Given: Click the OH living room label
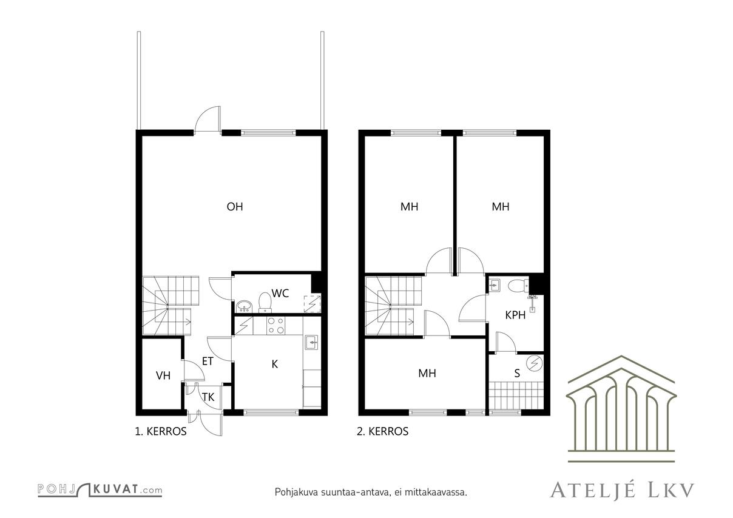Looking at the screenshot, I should pos(235,207).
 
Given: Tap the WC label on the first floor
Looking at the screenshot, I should pos(280,294).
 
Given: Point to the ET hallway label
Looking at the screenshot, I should pos(208,362).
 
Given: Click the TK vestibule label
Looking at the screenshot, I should pos(208,397).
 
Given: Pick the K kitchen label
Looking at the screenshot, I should pos(275,365).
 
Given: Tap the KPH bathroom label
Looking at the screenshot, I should pos(515,315).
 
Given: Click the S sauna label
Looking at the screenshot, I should pos(517,374).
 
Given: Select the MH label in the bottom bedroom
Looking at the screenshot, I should pos(427,374).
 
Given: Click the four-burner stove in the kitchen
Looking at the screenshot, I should pos(275,326).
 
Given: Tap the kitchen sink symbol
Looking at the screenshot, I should pos(312,342).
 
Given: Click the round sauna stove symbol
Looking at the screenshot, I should pos(534,363).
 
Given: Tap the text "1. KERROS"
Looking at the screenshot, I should pos(160,432).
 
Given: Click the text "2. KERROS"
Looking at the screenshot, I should pos(382,432).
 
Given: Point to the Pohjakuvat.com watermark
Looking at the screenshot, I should pos(100,489).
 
